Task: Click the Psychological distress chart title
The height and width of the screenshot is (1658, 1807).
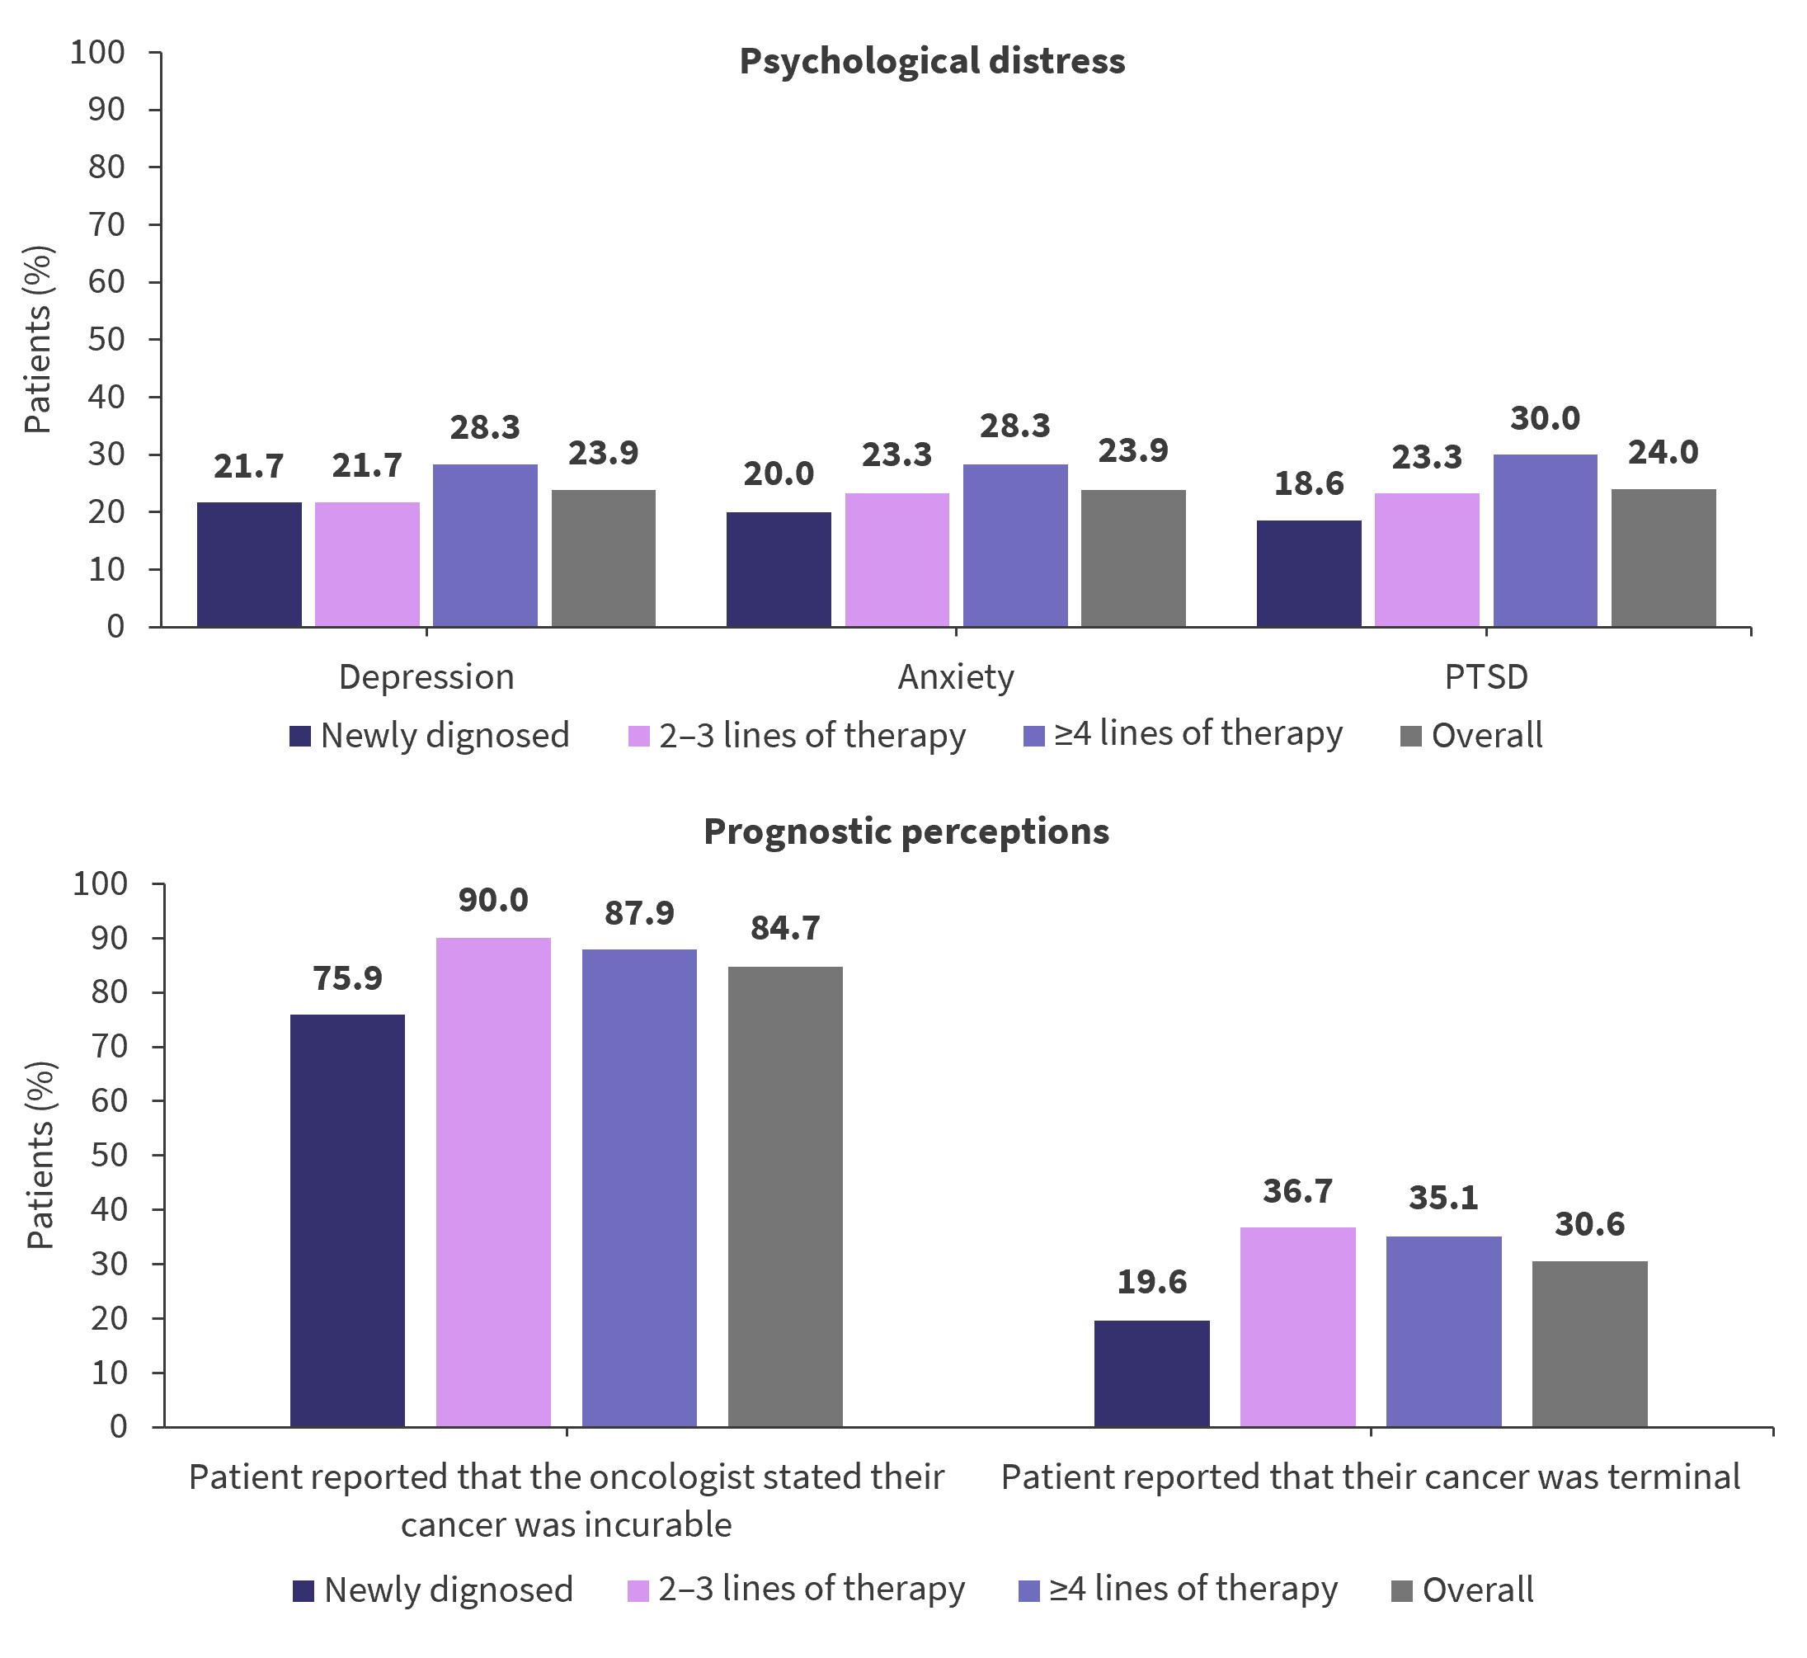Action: click(x=931, y=61)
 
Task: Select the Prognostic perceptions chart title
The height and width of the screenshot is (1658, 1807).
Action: click(x=906, y=831)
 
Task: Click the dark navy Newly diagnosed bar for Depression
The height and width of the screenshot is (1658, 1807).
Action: click(x=249, y=564)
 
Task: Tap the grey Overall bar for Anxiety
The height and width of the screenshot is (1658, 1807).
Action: click(x=1133, y=558)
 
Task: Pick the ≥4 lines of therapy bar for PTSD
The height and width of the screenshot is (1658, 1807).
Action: click(x=1545, y=540)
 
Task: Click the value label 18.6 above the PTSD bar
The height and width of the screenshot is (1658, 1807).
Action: click(x=1308, y=483)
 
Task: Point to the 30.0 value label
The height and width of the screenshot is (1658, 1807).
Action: click(x=1545, y=418)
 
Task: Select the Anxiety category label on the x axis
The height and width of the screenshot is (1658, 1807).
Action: click(x=956, y=676)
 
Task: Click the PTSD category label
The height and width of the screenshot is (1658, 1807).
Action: click(x=1486, y=676)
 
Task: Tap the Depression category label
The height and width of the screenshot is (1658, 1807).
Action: click(x=426, y=676)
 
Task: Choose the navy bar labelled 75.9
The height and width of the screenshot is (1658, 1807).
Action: click(x=347, y=1220)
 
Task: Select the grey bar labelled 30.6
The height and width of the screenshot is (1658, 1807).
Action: click(x=1590, y=1343)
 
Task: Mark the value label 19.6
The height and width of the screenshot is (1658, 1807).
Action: click(x=1151, y=1282)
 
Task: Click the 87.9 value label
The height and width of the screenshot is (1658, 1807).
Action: click(x=639, y=912)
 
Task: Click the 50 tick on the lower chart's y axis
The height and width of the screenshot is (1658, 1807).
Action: click(x=109, y=1155)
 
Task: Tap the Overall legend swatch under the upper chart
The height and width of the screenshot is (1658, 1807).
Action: click(x=1411, y=737)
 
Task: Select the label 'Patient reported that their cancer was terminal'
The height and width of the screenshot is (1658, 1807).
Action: click(x=1370, y=1477)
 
